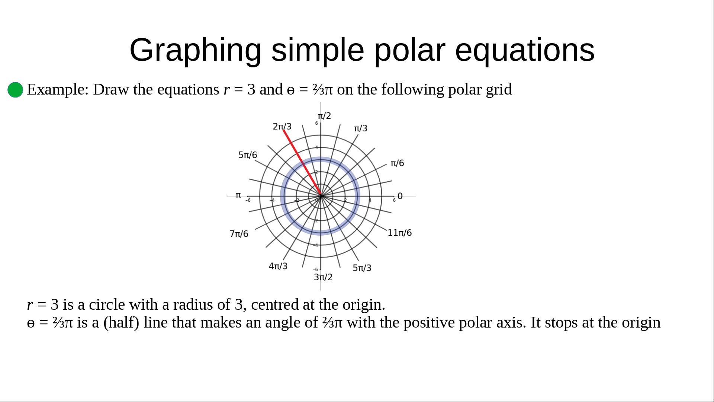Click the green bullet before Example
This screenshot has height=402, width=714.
tap(15, 90)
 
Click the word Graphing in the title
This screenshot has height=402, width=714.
tap(196, 51)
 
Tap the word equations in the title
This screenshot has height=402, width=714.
tap(525, 51)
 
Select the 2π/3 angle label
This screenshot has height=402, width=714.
tap(282, 127)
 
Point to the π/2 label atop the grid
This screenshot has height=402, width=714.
tap(324, 116)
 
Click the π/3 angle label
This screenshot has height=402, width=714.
tap(360, 128)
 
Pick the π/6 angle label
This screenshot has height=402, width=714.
tap(397, 163)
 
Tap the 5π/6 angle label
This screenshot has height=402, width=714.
tap(248, 155)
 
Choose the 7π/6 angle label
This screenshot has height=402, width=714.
tap(239, 234)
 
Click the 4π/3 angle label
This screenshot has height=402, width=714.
tap(278, 266)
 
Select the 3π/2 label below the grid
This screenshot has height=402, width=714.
tap(323, 277)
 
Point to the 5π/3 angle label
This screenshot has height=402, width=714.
tap(362, 268)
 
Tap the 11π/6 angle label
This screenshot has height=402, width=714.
tap(400, 233)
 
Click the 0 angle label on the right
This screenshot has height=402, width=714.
tap(400, 196)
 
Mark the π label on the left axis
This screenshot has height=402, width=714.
tap(238, 195)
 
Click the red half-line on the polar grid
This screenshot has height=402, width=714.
tap(302, 163)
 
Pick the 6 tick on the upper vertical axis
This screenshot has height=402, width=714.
tap(316, 123)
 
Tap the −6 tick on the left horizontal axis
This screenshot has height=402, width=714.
tap(248, 200)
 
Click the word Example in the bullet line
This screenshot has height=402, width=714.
tap(58, 90)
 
